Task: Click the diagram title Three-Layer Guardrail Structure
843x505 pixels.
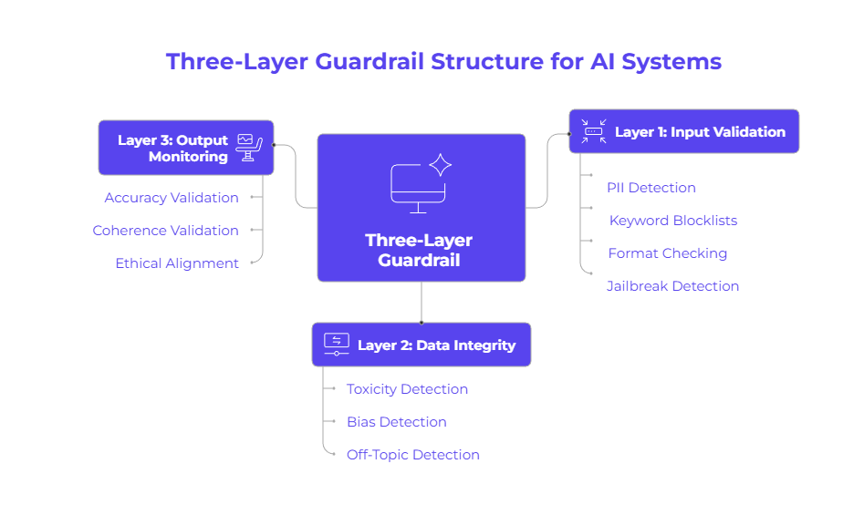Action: coord(443,62)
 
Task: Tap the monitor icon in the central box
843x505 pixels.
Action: coord(419,187)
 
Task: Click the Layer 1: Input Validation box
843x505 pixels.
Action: coord(683,131)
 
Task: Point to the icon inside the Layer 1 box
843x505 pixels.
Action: coord(594,131)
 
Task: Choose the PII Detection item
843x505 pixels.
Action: coord(651,188)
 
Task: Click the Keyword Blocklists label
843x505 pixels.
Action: coord(673,221)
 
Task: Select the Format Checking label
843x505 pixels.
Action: coord(667,253)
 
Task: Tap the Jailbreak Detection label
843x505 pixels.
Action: coord(672,286)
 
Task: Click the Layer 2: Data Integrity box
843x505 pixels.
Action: coord(421,345)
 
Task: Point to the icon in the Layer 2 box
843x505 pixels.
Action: coord(336,344)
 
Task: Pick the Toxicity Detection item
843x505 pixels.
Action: coord(407,389)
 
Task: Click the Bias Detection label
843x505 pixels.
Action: coord(396,422)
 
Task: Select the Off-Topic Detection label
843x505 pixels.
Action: coord(412,455)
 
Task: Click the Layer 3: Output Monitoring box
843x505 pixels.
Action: coord(186,148)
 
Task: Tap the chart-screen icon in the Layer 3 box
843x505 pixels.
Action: coord(245,147)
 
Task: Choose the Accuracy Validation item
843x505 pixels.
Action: coord(172,198)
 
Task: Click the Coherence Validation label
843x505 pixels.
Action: coord(165,231)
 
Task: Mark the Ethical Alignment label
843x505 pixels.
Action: coord(177,263)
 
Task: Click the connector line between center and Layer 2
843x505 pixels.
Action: coord(421,302)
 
